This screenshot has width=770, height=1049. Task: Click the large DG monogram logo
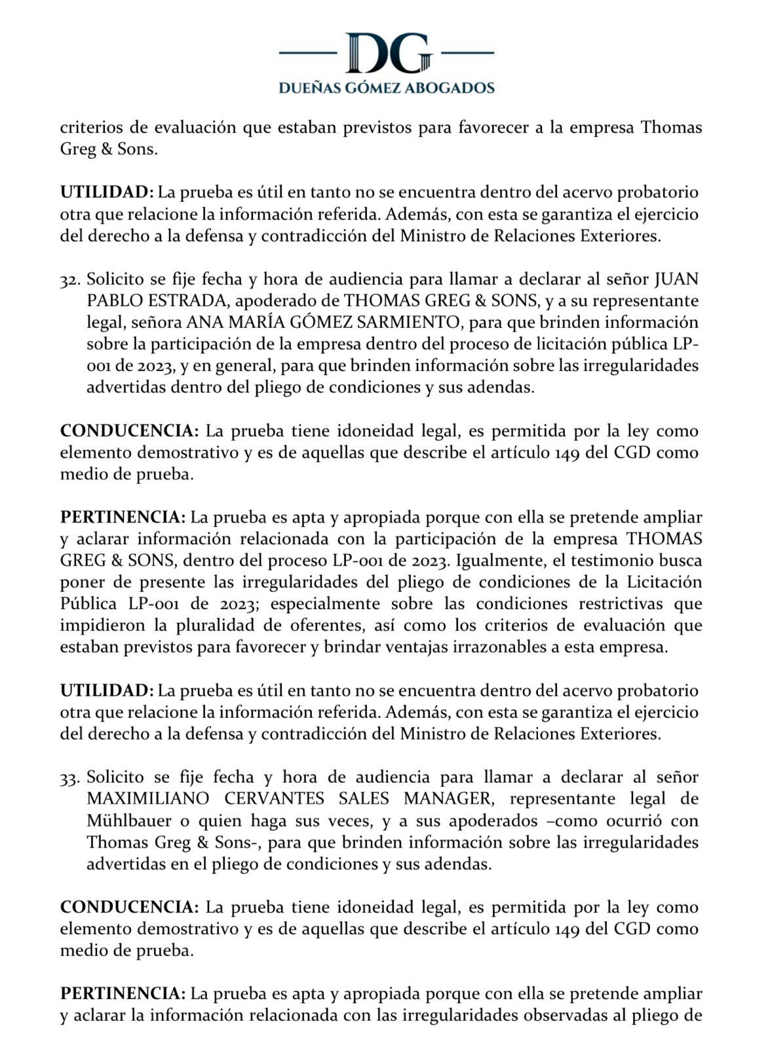pos(387,53)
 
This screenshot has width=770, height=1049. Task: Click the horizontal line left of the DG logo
pos(307,52)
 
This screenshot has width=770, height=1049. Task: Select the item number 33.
pos(70,778)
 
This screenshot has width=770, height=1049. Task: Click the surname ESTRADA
pos(183,302)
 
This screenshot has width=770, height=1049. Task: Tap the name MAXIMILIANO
pos(138,799)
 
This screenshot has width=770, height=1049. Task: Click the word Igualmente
pos(503,561)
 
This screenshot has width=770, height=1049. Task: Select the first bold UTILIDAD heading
pos(107,193)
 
